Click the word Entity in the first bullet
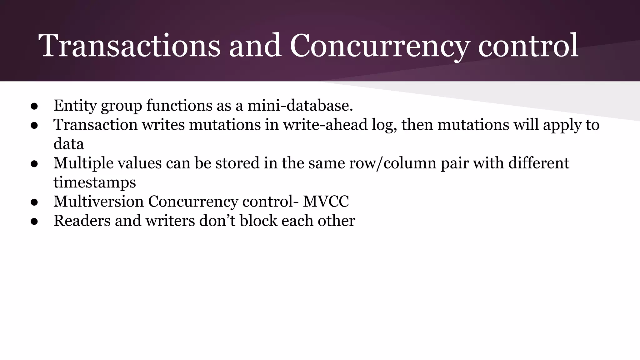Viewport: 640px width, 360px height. tap(75, 106)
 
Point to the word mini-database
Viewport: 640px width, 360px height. tap(300, 106)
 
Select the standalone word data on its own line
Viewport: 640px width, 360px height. tap(69, 144)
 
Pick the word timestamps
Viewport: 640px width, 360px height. tap(95, 182)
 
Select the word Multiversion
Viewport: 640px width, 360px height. tap(98, 202)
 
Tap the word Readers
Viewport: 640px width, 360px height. tap(82, 221)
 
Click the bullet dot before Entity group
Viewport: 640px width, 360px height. tap(34, 106)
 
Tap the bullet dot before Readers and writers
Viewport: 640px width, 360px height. tap(34, 222)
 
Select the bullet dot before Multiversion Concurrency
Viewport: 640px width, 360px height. tap(34, 202)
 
